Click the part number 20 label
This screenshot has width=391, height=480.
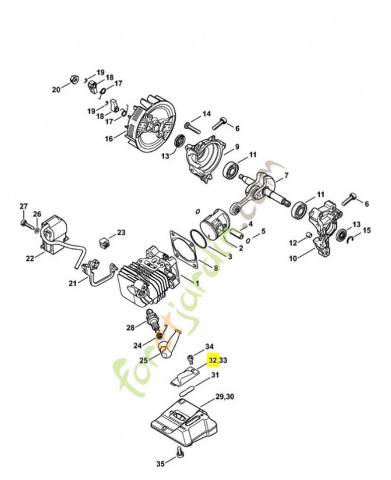pyautogui.click(x=56, y=90)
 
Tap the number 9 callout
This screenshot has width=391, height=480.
pyautogui.click(x=237, y=147)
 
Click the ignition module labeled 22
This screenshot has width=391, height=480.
pyautogui.click(x=58, y=234)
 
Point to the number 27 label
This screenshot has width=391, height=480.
pyautogui.click(x=23, y=207)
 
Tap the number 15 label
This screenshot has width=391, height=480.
pyautogui.click(x=367, y=230)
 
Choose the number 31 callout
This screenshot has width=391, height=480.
pyautogui.click(x=215, y=376)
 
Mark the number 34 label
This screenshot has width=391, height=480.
pyautogui.click(x=209, y=347)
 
